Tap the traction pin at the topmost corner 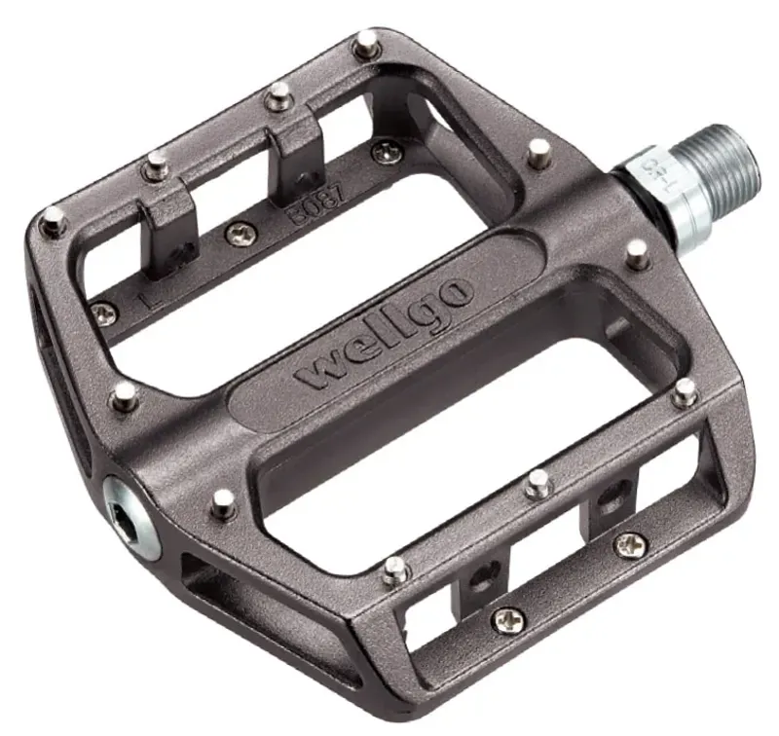click(366, 41)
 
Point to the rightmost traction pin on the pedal click(686, 391)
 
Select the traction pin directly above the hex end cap click(124, 394)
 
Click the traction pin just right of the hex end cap click(224, 501)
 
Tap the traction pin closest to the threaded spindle click(637, 254)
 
